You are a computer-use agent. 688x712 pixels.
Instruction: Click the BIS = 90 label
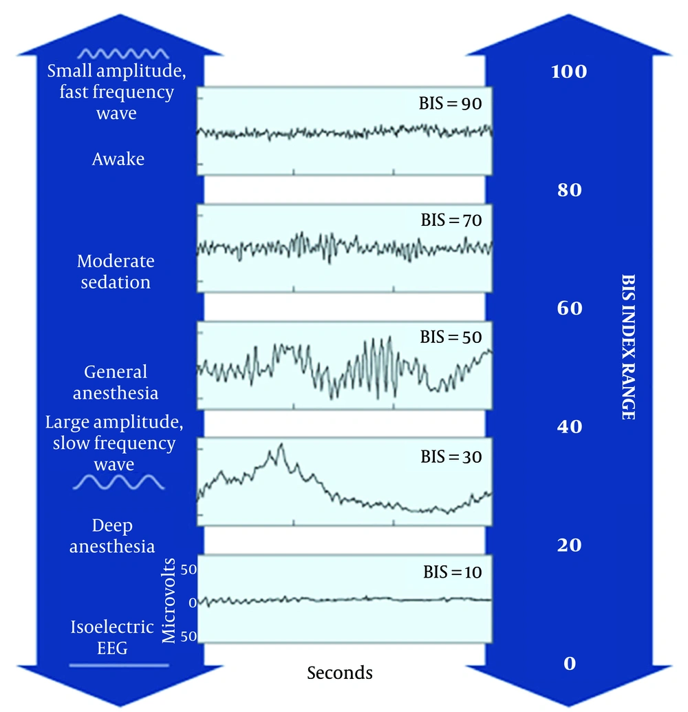[x=450, y=103]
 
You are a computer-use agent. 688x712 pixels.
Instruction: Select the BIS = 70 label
[x=451, y=220]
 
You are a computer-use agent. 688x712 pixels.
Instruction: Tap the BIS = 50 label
[x=451, y=337]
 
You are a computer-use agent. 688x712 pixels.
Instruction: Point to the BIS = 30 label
[x=451, y=457]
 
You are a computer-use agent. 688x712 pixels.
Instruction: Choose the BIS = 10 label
[x=453, y=572]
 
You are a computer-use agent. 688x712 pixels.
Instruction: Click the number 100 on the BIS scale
[x=569, y=72]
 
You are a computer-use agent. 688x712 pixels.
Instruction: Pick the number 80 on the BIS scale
[x=570, y=190]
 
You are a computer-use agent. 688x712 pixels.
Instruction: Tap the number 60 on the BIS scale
[x=570, y=308]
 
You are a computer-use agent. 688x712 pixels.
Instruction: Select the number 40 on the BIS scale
[x=570, y=426]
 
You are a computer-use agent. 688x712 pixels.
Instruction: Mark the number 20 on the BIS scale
[x=570, y=545]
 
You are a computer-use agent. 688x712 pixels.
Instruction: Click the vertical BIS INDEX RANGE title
[x=628, y=347]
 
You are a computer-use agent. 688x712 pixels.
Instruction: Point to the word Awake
[x=118, y=159]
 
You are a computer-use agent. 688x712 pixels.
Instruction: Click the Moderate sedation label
[x=116, y=271]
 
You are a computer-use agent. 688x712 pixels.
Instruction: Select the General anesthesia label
[x=116, y=382]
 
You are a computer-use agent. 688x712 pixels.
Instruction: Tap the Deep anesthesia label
[x=112, y=536]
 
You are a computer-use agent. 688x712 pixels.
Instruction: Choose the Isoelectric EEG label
[x=112, y=638]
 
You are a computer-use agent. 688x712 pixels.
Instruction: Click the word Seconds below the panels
[x=339, y=673]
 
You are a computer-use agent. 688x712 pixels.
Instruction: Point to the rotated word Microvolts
[x=169, y=600]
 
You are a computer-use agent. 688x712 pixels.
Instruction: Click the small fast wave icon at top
[x=123, y=54]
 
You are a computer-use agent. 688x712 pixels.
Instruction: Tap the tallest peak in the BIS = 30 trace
[x=281, y=444]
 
